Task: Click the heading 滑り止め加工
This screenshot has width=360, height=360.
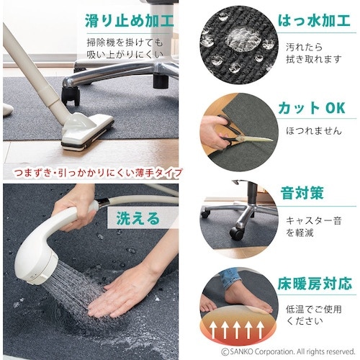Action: click(130, 21)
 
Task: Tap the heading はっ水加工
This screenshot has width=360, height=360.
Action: click(314, 21)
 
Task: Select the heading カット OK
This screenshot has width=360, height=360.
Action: click(312, 108)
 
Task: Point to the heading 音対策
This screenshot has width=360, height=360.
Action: click(302, 193)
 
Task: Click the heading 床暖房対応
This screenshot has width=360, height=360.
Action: click(315, 284)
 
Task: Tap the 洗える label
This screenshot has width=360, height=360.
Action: click(138, 218)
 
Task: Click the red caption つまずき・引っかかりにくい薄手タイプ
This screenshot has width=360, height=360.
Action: click(98, 173)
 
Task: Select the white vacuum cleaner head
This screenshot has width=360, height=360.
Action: click(87, 131)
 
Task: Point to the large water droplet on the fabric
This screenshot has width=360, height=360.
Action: click(243, 39)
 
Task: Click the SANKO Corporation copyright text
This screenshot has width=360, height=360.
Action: click(288, 352)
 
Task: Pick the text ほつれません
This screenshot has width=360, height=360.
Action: click(314, 131)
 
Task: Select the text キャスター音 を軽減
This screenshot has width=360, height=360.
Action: click(314, 227)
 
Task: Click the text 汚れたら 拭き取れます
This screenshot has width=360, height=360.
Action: click(314, 53)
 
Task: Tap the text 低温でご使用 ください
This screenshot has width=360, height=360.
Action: click(314, 315)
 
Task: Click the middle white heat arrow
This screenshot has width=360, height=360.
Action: click(236, 329)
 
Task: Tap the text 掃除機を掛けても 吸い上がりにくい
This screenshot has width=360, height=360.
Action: click(125, 49)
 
